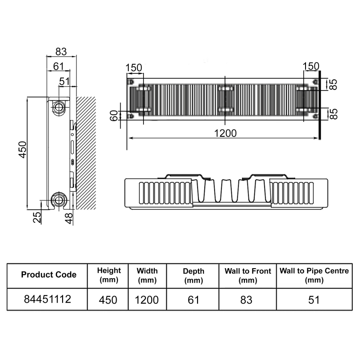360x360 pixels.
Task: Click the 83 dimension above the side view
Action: (61, 51)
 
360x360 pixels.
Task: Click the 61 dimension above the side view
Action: (58, 66)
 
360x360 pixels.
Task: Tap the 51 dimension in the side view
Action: (65, 81)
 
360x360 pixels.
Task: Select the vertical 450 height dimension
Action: (22, 149)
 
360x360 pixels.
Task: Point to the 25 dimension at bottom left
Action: (37, 217)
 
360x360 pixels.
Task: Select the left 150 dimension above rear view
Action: (134, 67)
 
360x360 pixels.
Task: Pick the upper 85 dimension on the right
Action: (333, 85)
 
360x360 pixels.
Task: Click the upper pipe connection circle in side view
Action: (58, 107)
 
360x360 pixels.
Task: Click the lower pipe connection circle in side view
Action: (58, 199)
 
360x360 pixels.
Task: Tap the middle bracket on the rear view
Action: (225, 99)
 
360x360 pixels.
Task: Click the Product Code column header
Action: (49, 274)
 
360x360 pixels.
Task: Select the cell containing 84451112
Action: (49, 299)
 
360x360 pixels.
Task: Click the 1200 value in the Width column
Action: (147, 299)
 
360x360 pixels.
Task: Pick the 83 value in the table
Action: (247, 299)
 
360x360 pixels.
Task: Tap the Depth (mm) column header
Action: (193, 275)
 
